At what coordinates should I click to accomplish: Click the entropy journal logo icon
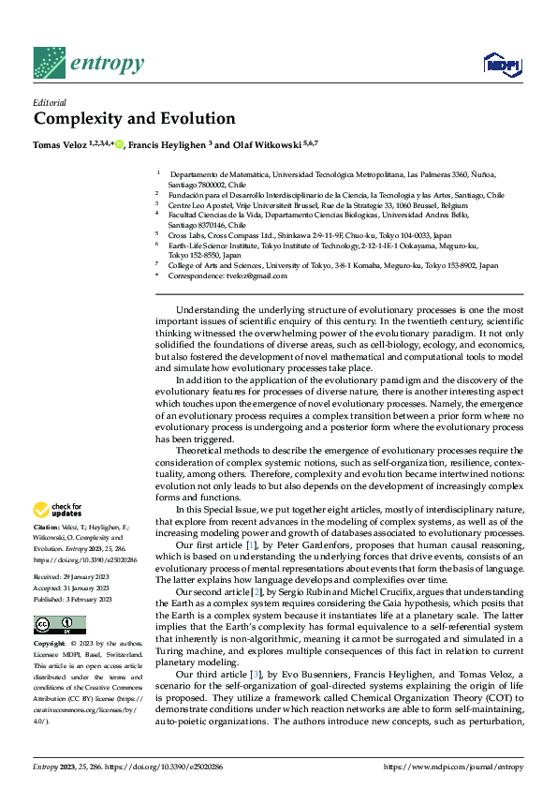(50, 63)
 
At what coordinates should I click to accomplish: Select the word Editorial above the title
(51, 102)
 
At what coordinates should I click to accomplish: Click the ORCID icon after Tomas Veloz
(119, 145)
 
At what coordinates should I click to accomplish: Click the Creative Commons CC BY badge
(60, 625)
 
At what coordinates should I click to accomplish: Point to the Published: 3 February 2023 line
(74, 599)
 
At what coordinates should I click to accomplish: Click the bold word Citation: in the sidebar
(48, 528)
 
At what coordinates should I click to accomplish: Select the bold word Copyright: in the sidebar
(51, 646)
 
